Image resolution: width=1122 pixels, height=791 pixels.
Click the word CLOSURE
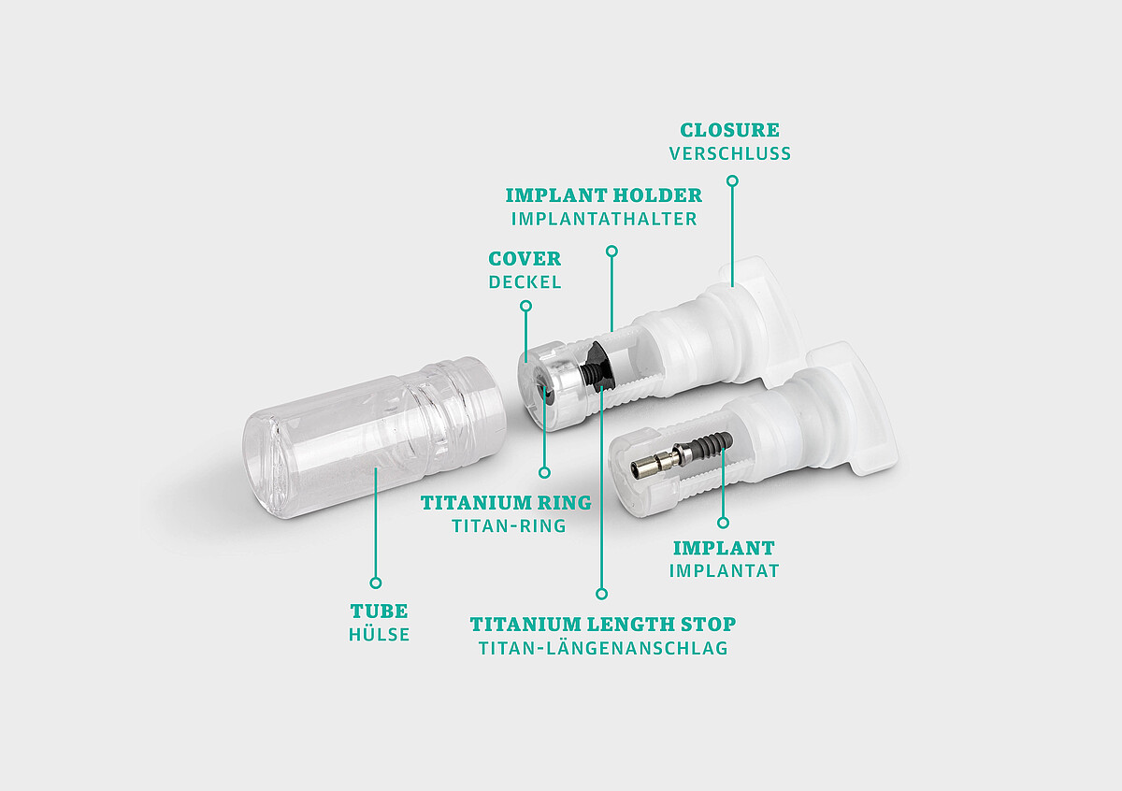pyautogui.click(x=729, y=130)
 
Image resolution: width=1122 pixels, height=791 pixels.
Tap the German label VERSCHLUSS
pyautogui.click(x=729, y=153)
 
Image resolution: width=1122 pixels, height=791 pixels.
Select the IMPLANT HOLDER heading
pyautogui.click(x=603, y=195)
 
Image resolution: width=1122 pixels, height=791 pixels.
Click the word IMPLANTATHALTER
pyautogui.click(x=603, y=220)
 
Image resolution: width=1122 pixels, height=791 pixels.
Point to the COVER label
pyautogui.click(x=525, y=259)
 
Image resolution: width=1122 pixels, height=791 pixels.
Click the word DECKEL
pyautogui.click(x=525, y=282)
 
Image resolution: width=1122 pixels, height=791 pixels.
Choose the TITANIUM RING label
pyautogui.click(x=506, y=503)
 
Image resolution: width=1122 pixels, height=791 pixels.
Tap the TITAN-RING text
pyautogui.click(x=509, y=526)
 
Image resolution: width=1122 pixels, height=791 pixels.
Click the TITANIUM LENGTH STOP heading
pyautogui.click(x=602, y=624)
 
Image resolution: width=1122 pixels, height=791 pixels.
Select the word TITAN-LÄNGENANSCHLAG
pyautogui.click(x=602, y=648)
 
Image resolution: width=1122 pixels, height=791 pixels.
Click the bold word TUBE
pyautogui.click(x=379, y=611)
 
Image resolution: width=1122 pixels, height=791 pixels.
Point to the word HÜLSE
pyautogui.click(x=379, y=635)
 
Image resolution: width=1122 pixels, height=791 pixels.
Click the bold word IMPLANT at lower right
pyautogui.click(x=724, y=548)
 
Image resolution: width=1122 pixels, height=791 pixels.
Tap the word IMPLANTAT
pyautogui.click(x=724, y=570)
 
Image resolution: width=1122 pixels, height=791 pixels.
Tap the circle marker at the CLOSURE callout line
pyautogui.click(x=733, y=181)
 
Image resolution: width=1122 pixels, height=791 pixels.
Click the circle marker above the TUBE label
pyautogui.click(x=376, y=582)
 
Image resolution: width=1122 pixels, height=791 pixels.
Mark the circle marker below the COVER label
pyautogui.click(x=525, y=306)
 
